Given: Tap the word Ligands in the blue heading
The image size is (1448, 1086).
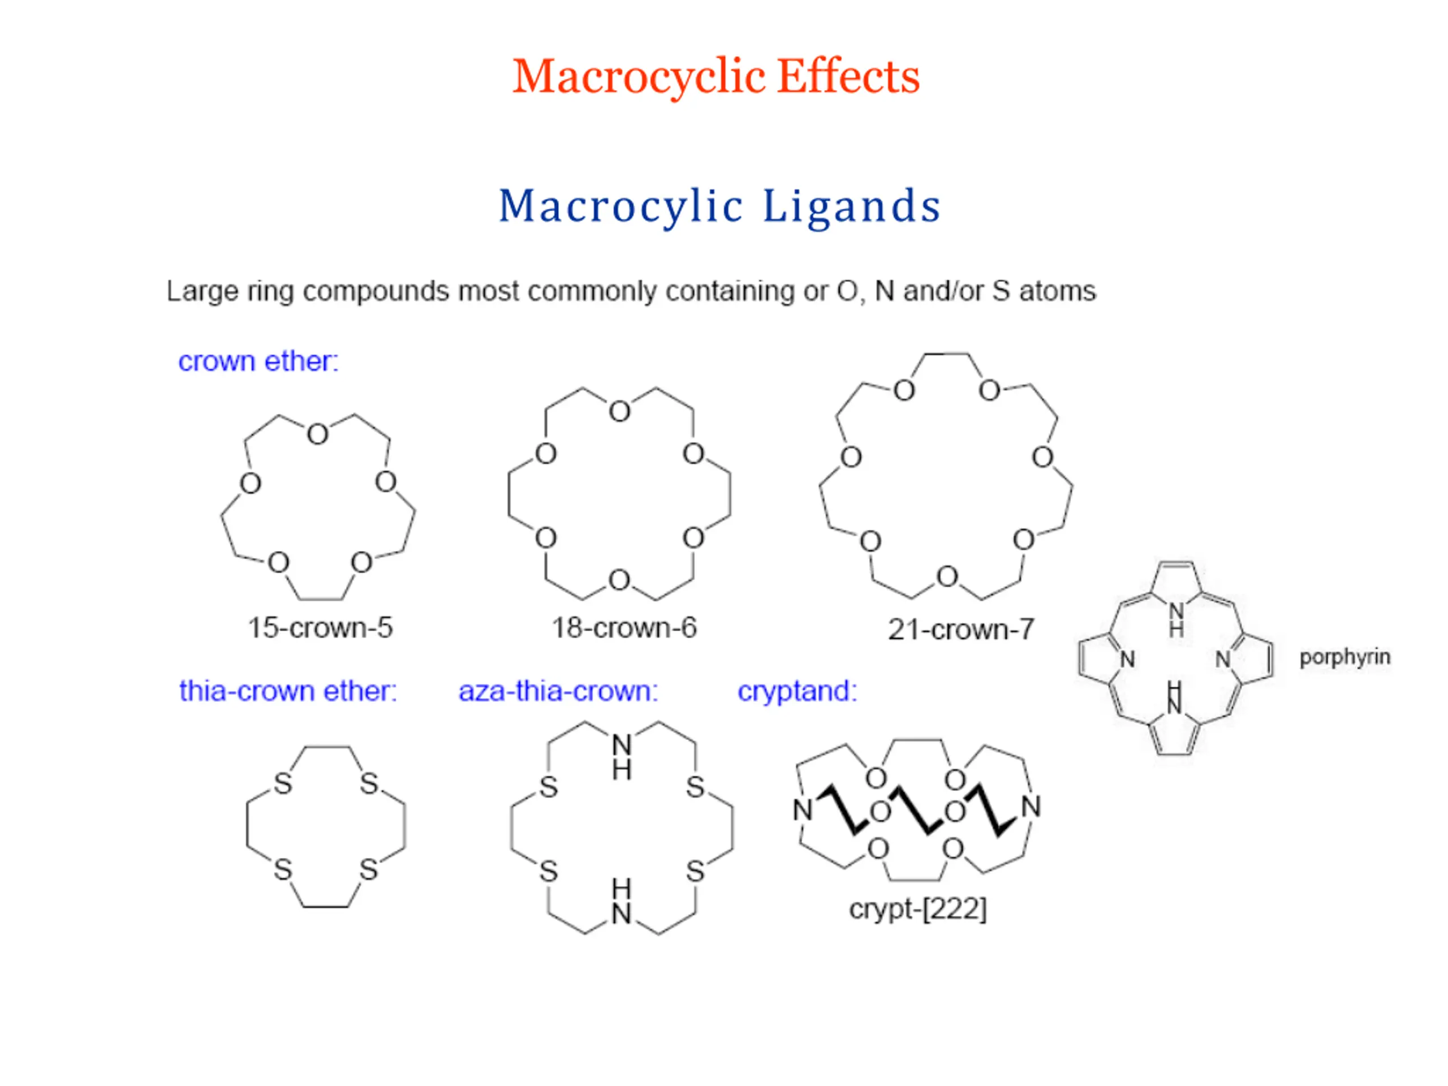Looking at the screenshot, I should click(852, 206).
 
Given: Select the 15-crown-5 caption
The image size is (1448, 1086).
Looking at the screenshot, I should click(320, 628).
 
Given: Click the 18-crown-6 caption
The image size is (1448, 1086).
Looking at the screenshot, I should click(624, 628).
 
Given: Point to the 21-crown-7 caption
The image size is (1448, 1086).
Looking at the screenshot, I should click(960, 630).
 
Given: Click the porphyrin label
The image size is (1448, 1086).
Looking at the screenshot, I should click(1344, 657).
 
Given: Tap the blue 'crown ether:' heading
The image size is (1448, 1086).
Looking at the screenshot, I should click(258, 361).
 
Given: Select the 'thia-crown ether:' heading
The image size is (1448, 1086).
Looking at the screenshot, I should click(288, 691).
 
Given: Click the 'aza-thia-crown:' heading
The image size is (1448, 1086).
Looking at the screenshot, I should click(558, 691).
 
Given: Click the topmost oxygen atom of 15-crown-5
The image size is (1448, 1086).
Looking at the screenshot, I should click(317, 434).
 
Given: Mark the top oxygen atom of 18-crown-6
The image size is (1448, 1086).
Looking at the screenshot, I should click(619, 412).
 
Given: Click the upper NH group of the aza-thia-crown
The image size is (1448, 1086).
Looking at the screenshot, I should click(622, 757).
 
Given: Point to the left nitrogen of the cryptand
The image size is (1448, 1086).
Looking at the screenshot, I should click(803, 811).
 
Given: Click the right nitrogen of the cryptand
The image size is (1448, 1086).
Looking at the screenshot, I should click(1031, 807).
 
